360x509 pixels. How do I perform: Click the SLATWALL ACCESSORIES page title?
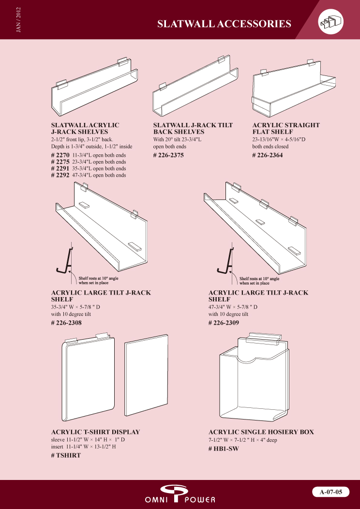224,24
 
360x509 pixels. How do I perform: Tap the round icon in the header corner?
331,21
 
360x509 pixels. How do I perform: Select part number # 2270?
60,155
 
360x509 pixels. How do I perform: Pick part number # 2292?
60,175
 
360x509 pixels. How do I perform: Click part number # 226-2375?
168,155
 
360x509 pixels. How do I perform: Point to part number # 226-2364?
268,155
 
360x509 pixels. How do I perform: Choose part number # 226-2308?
67,323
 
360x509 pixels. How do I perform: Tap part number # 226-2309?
224,323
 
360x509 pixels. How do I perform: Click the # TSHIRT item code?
66,455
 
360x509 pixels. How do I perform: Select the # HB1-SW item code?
224,449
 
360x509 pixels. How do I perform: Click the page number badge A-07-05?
331,492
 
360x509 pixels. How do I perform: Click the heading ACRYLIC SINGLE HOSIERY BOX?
261,432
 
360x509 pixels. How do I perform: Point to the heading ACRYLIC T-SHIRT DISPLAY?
96,432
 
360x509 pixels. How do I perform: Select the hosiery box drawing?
254,377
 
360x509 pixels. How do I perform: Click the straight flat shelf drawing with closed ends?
294,88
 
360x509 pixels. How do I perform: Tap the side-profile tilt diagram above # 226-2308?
66,262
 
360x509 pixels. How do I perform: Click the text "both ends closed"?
270,147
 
